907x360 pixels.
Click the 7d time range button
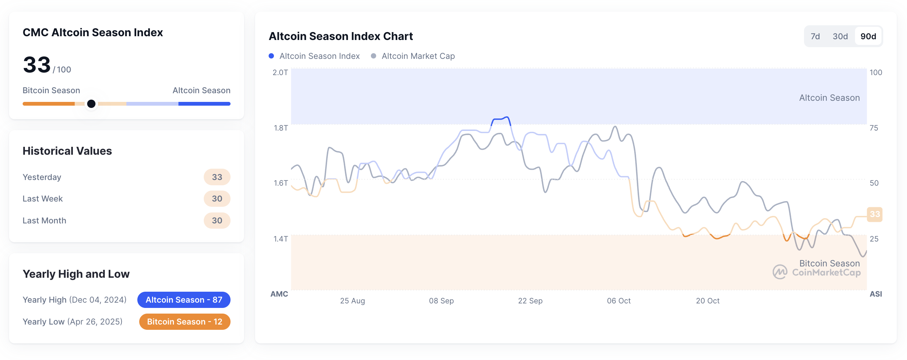815,37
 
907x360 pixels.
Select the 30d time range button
840,37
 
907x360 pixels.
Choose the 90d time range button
868,37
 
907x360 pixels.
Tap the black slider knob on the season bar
91,104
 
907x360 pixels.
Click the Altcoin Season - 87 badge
184,300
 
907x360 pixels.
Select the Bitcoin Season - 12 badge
184,322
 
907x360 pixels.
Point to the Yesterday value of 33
217,177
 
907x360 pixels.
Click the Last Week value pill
217,198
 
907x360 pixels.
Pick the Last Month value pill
217,220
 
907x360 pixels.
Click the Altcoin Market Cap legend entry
418,56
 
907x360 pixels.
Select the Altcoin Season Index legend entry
319,56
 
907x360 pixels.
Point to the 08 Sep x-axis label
441,301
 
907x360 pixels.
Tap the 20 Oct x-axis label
707,301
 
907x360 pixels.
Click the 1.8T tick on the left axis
281,128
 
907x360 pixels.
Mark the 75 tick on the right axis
874,128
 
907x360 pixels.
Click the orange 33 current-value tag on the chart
874,214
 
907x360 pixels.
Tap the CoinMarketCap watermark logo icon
779,272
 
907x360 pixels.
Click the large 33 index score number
37,65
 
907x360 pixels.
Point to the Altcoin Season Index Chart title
341,36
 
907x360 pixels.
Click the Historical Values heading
67,151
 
